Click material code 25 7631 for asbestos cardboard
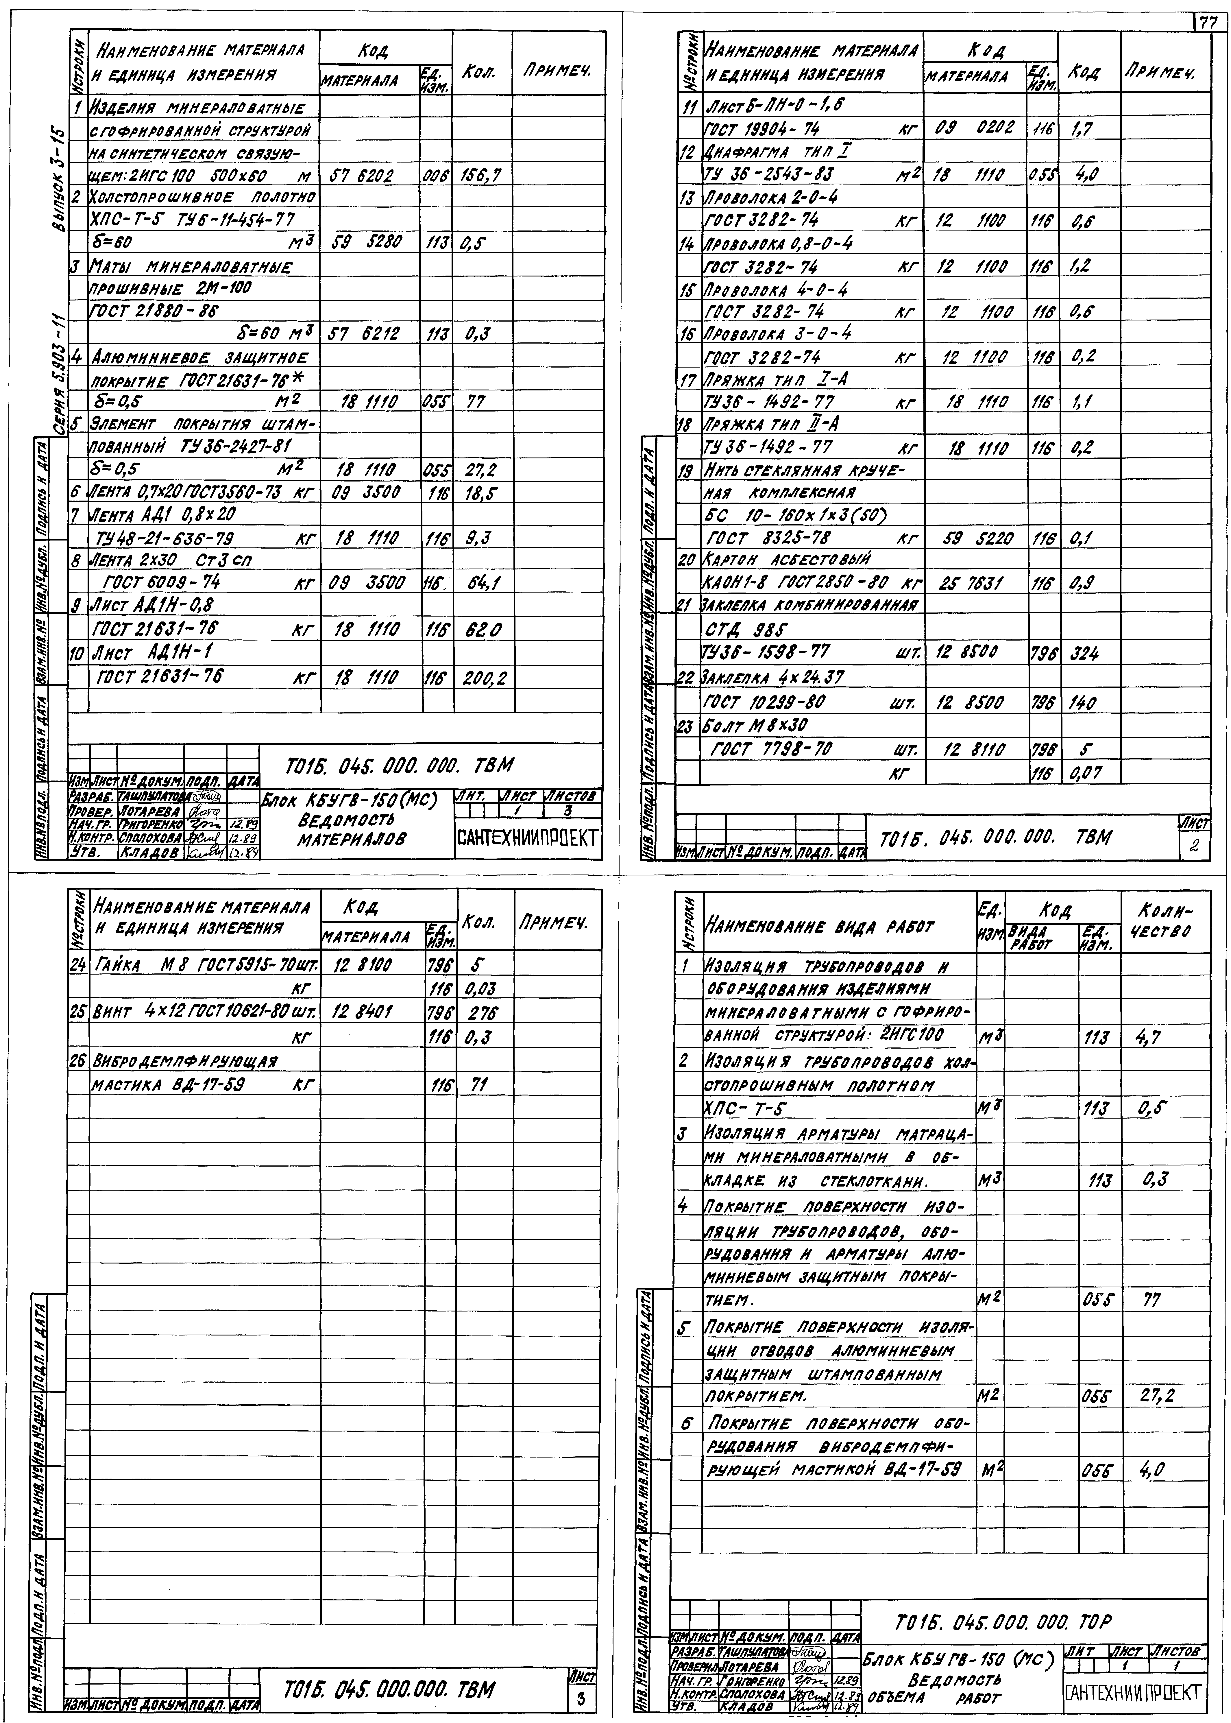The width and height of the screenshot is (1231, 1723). (967, 583)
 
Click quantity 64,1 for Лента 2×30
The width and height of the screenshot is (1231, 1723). (480, 583)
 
